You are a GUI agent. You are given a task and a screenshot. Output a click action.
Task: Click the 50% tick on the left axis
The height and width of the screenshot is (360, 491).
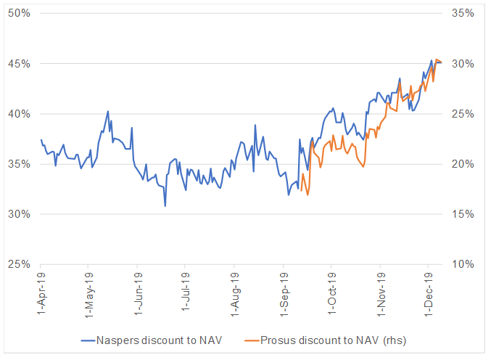19,14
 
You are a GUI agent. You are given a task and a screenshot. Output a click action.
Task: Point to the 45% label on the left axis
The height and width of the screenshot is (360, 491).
19,64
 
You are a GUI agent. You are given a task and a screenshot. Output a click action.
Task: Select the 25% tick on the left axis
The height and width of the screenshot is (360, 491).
19,264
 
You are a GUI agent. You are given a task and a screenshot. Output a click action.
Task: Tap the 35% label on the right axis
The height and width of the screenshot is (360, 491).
462,14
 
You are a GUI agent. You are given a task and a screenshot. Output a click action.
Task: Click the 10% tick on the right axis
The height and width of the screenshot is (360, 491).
462,264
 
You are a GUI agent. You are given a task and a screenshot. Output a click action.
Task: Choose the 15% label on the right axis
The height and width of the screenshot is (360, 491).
462,214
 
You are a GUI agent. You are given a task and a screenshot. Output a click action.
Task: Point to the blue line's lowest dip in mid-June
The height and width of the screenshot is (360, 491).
165,206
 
